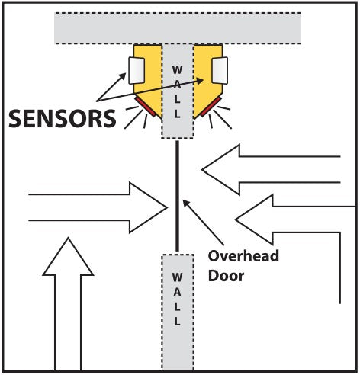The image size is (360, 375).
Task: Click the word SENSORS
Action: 63,118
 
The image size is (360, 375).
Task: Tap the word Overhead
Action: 243,256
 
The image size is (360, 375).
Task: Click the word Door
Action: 226,276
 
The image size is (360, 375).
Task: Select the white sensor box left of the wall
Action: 137,71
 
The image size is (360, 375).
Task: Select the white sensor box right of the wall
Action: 220,70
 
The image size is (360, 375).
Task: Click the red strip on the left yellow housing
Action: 146,107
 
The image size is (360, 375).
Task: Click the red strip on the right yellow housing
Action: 211,107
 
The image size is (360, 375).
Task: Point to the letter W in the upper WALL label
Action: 177,70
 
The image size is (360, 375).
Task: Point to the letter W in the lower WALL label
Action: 177,277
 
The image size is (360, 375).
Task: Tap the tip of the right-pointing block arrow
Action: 167,207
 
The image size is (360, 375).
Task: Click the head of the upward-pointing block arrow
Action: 68,256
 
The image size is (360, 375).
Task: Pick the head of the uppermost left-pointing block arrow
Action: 220,170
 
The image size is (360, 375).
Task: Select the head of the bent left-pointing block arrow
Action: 254,220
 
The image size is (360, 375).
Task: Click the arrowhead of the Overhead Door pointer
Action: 186,203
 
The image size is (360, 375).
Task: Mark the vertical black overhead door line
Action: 177,196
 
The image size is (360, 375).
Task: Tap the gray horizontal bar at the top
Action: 178,28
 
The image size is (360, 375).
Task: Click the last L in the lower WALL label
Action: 177,322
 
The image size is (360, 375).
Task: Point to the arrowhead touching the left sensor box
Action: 123,76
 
